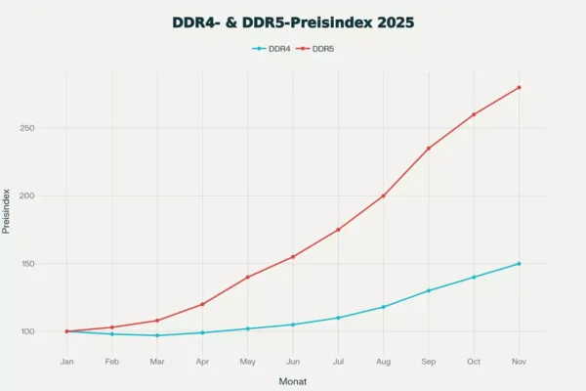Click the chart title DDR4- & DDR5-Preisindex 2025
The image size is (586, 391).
point(293,22)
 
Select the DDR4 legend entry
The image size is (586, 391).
point(272,49)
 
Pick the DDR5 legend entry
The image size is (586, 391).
point(315,49)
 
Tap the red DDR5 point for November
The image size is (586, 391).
point(519,88)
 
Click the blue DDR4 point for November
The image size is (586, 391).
point(519,263)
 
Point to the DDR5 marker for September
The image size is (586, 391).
point(429,149)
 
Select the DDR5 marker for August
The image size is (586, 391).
point(383,195)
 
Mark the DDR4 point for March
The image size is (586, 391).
point(157,335)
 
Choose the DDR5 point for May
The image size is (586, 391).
point(247,277)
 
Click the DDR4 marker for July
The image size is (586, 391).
point(338,318)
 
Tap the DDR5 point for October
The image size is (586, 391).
point(474,114)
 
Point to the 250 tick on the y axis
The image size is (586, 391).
point(27,128)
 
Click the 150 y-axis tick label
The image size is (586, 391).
point(27,263)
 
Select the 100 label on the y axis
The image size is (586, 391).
point(27,331)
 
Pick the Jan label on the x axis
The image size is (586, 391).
point(66,362)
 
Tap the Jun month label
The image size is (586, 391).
point(293,362)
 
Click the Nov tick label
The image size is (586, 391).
point(519,362)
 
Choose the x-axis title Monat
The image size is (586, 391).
point(293,381)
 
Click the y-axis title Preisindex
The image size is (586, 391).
point(6,211)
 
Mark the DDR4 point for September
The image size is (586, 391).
point(429,290)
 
